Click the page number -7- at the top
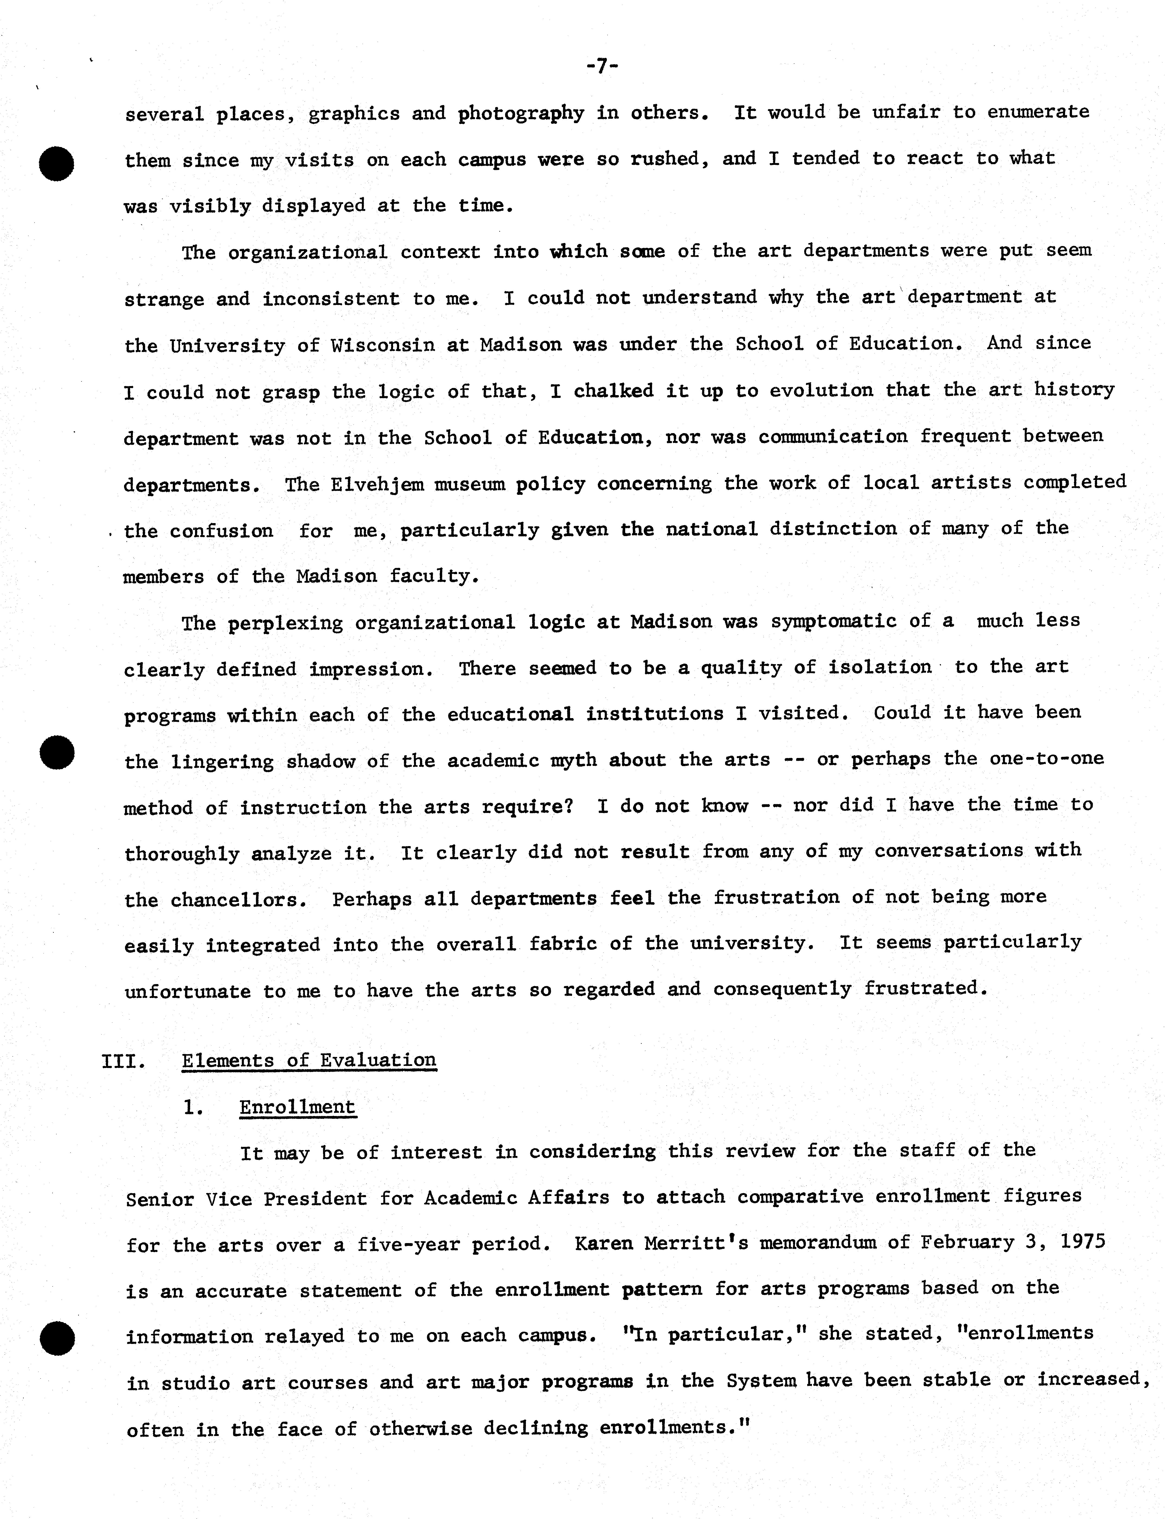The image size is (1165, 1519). click(601, 66)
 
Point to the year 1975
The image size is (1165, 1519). click(1082, 1241)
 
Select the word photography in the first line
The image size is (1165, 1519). click(521, 113)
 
